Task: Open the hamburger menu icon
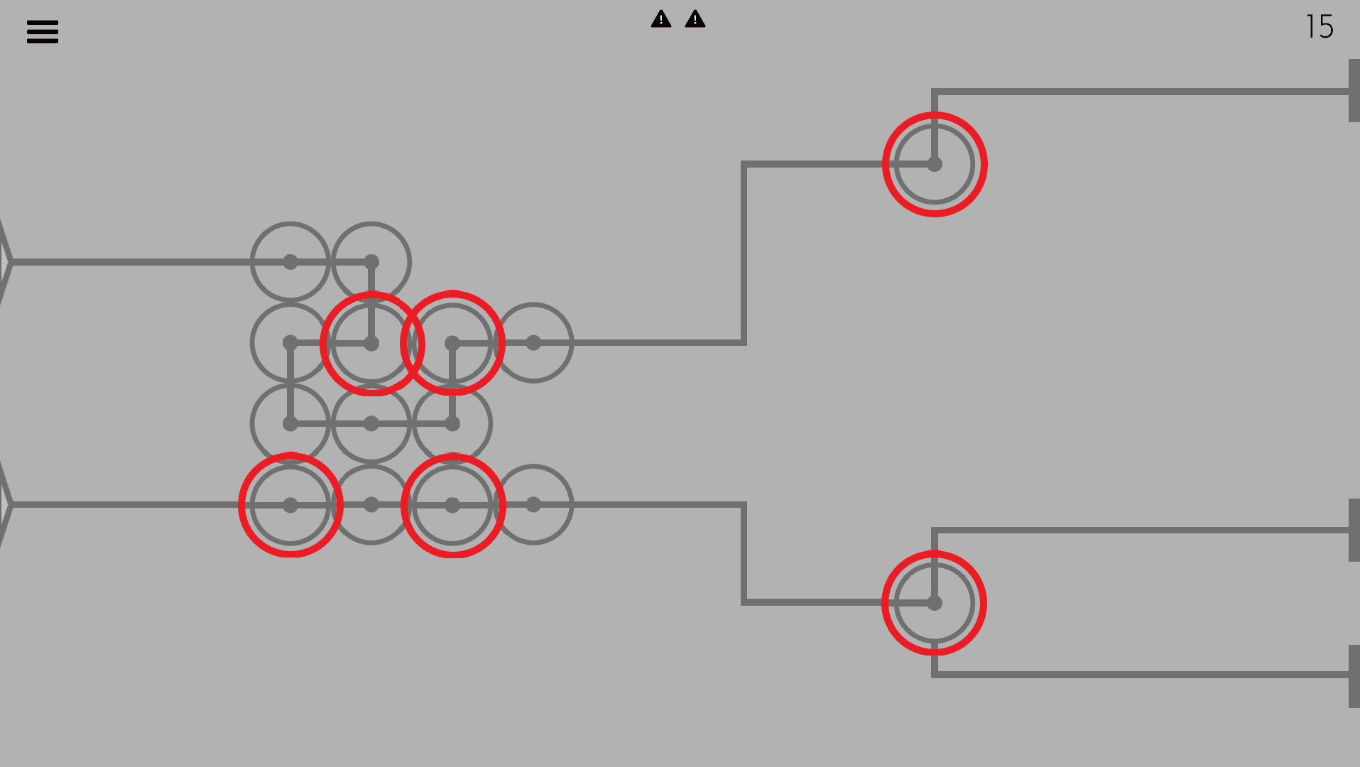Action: click(x=43, y=31)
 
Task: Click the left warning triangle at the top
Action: click(x=661, y=19)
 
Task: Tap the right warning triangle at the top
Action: click(x=695, y=19)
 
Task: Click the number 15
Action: click(x=1320, y=27)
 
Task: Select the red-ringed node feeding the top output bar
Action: click(x=935, y=164)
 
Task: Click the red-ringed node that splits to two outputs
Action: click(x=935, y=603)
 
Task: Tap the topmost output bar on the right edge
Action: click(x=1354, y=91)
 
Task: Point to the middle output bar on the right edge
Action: click(x=1354, y=530)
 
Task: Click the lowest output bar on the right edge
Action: click(x=1354, y=675)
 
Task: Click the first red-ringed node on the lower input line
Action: click(x=290, y=505)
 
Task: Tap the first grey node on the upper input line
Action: click(x=290, y=262)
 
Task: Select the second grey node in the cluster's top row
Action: click(x=371, y=262)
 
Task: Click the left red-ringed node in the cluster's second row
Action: click(x=371, y=344)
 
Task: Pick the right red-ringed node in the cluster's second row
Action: click(x=452, y=344)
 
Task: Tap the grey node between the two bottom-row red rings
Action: click(x=371, y=505)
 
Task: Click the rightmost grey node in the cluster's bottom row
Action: click(x=533, y=505)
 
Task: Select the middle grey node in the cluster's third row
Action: click(x=371, y=424)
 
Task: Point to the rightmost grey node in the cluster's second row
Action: click(x=533, y=343)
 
